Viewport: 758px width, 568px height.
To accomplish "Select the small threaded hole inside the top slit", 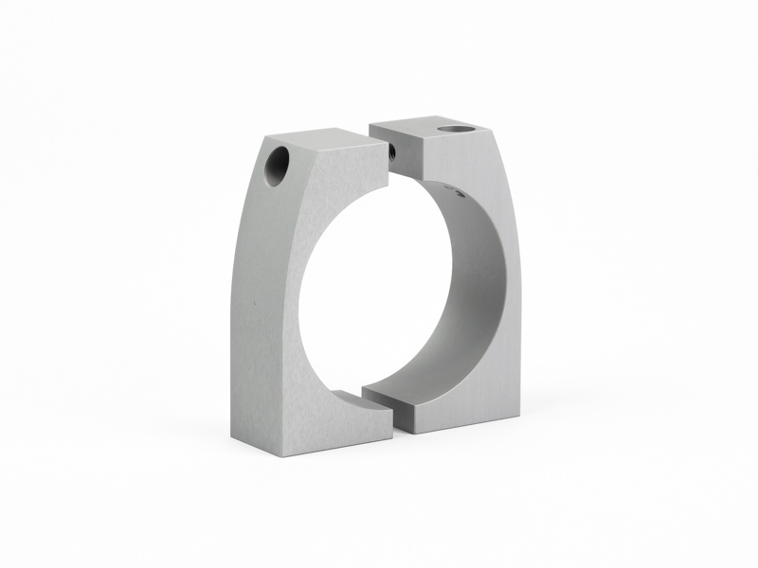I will coord(390,148).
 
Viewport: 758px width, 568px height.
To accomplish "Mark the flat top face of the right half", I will coord(426,127).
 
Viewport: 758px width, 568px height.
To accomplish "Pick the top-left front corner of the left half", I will coord(255,139).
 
